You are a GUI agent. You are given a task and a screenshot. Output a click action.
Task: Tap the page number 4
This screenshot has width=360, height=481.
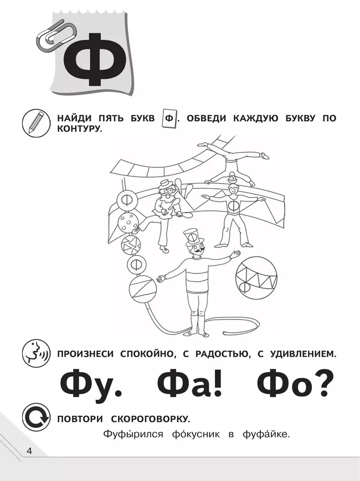[x=29, y=451]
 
